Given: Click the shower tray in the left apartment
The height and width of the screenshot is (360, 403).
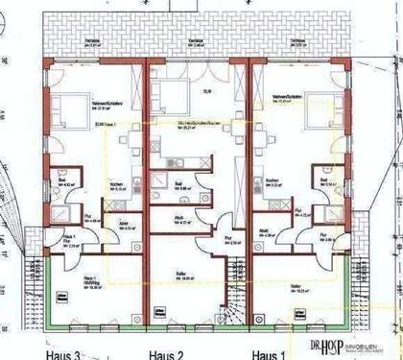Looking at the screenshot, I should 63,216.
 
